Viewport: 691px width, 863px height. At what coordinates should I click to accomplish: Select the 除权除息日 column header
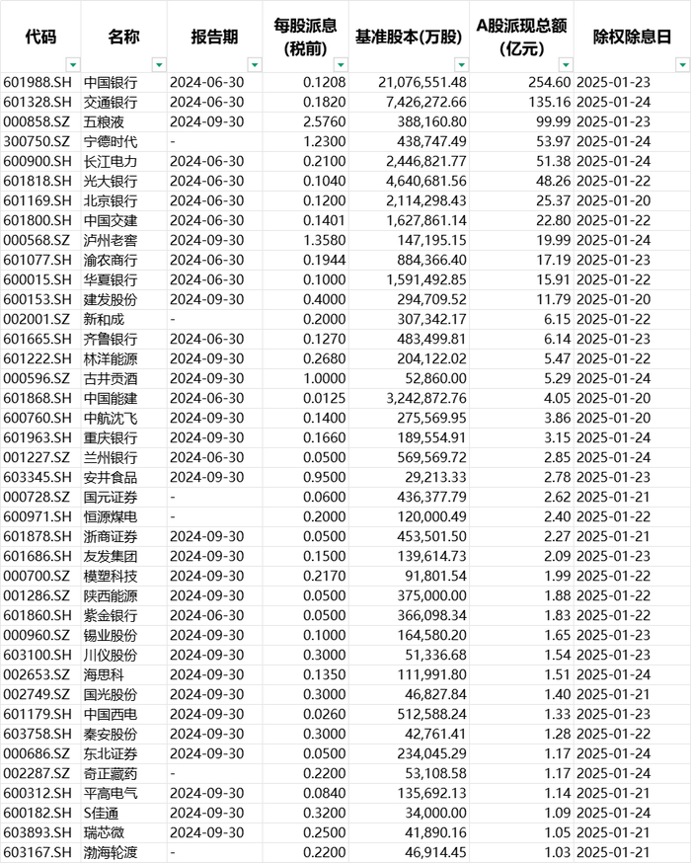[x=631, y=37]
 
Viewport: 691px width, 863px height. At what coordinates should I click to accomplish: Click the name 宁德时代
[x=111, y=141]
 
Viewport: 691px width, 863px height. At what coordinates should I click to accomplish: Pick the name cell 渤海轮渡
[x=111, y=853]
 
